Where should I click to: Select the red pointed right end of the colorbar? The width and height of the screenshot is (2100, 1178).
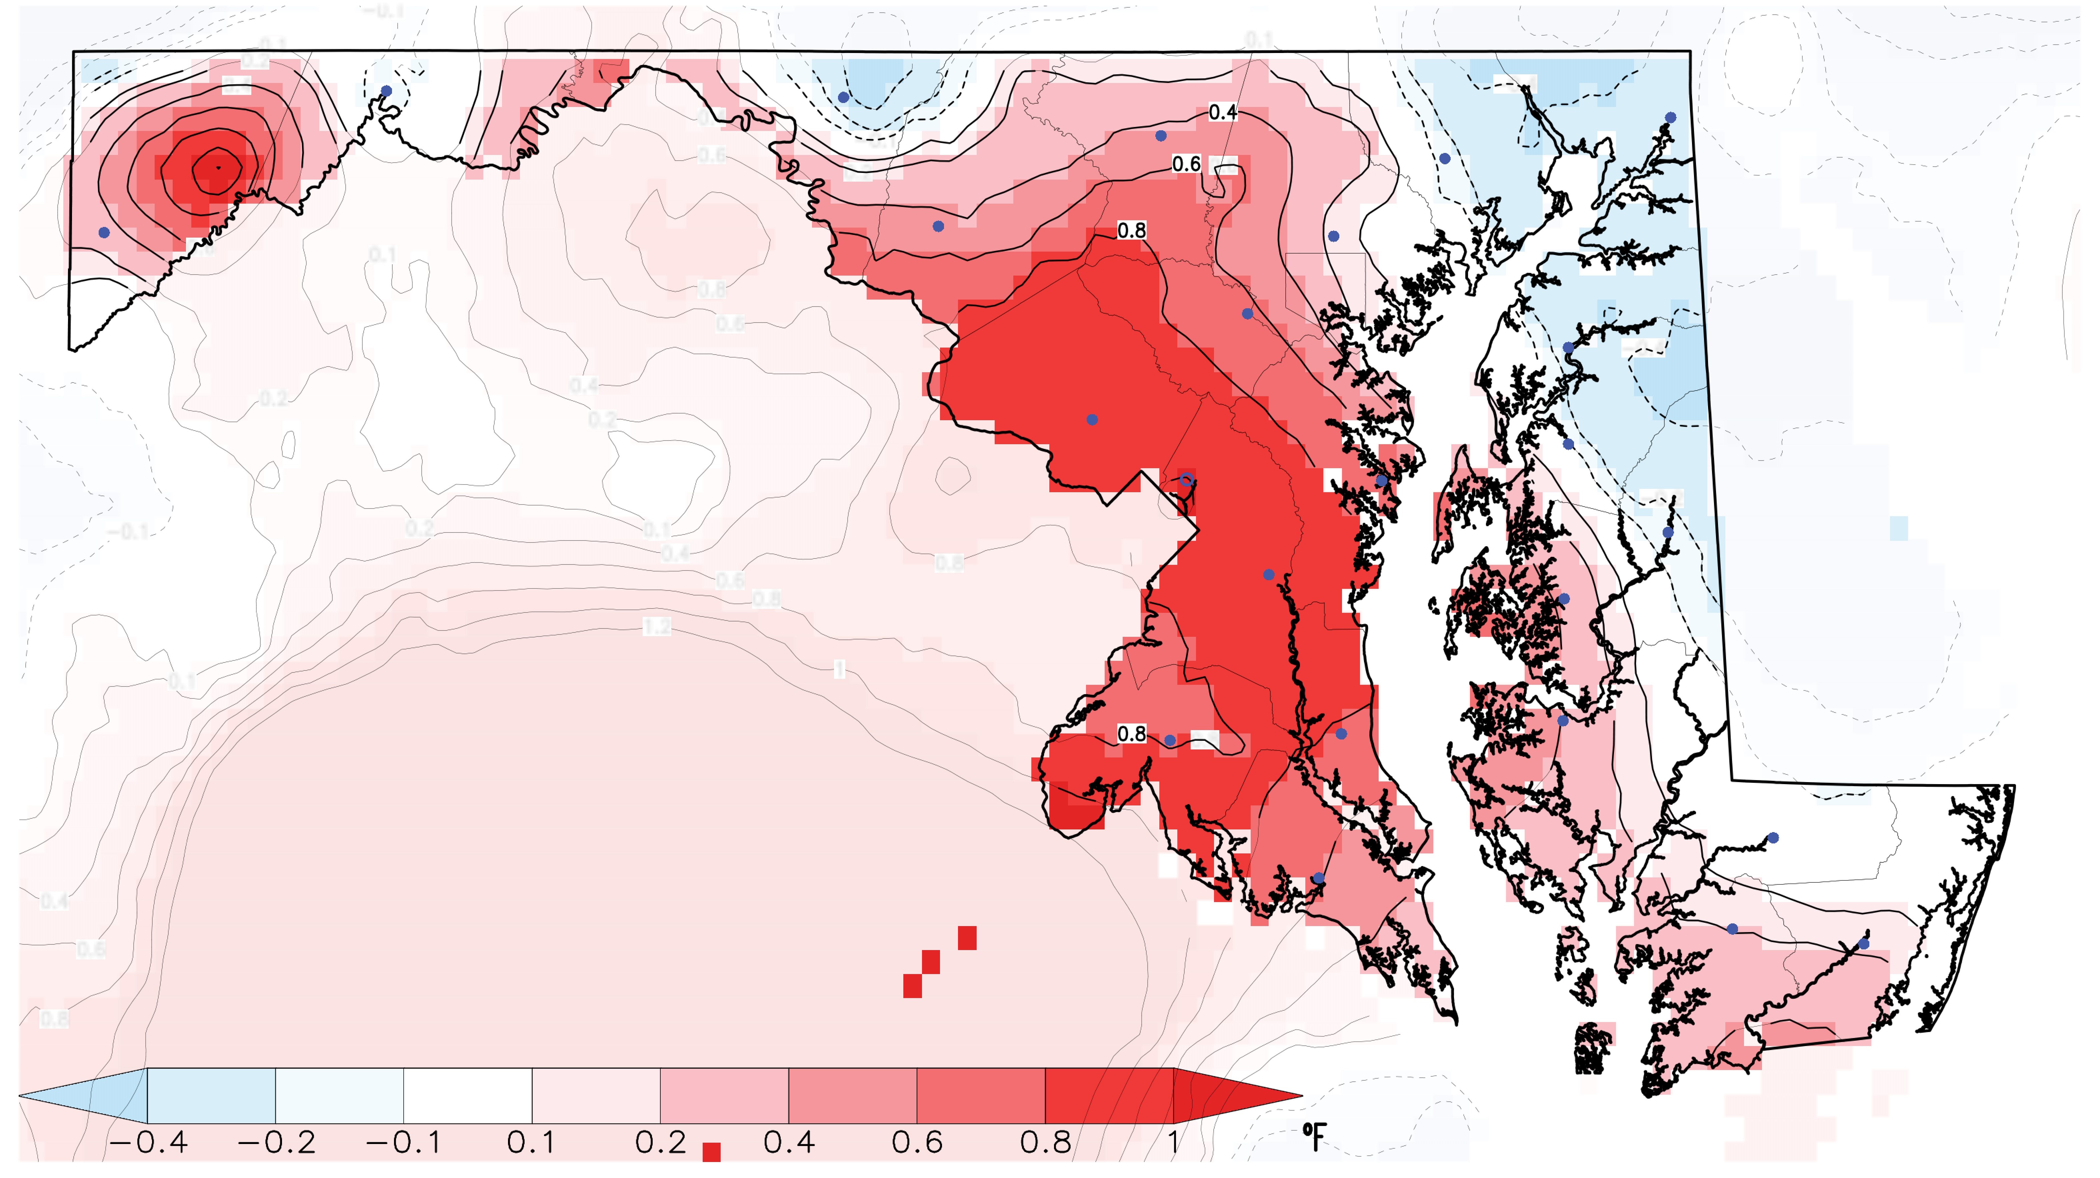tap(1231, 1096)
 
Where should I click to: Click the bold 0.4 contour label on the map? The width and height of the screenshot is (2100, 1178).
tap(1222, 113)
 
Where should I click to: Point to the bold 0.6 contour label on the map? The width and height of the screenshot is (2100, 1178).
tap(1186, 165)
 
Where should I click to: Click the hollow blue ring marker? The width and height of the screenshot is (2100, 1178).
tap(1187, 479)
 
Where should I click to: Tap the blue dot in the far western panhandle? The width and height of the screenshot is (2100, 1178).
tap(104, 232)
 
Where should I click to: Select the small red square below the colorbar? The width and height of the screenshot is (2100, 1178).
tap(712, 1152)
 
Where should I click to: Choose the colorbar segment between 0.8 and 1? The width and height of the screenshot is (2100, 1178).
tap(1109, 1096)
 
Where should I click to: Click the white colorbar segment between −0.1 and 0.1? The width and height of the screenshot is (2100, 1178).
tap(468, 1096)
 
